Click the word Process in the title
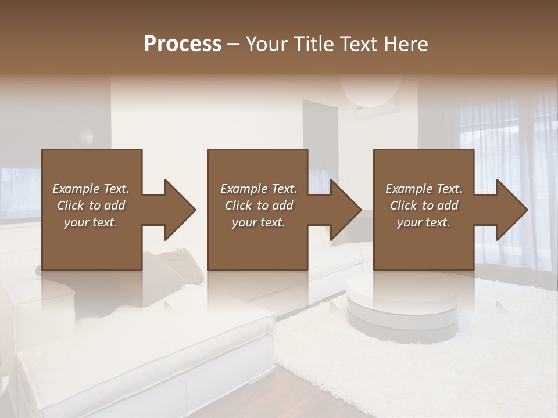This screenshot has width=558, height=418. click(x=183, y=44)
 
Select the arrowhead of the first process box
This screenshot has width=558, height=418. click(x=179, y=210)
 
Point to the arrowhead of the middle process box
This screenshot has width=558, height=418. click(x=345, y=210)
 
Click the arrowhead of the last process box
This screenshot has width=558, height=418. click(x=512, y=210)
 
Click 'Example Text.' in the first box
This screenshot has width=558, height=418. click(x=91, y=189)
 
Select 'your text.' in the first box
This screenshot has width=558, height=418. click(x=91, y=222)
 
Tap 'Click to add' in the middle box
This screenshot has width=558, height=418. click(x=259, y=206)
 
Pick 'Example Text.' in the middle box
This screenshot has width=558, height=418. click(x=259, y=189)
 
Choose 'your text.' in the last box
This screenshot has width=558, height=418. click(x=424, y=222)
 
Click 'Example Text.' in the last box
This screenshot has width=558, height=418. click(x=424, y=189)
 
